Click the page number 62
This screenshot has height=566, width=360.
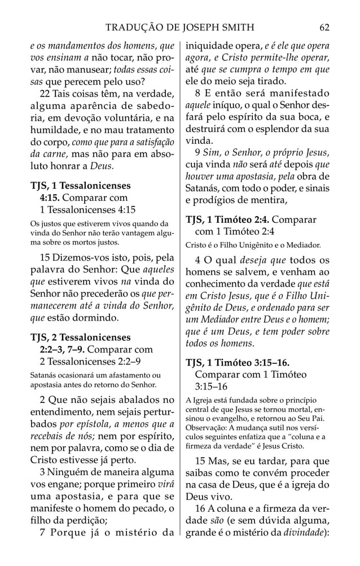click(324, 27)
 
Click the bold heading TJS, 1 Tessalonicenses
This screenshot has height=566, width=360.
click(80, 186)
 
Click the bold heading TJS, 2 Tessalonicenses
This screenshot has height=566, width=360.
click(80, 337)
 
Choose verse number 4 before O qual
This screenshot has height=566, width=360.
click(197, 261)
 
